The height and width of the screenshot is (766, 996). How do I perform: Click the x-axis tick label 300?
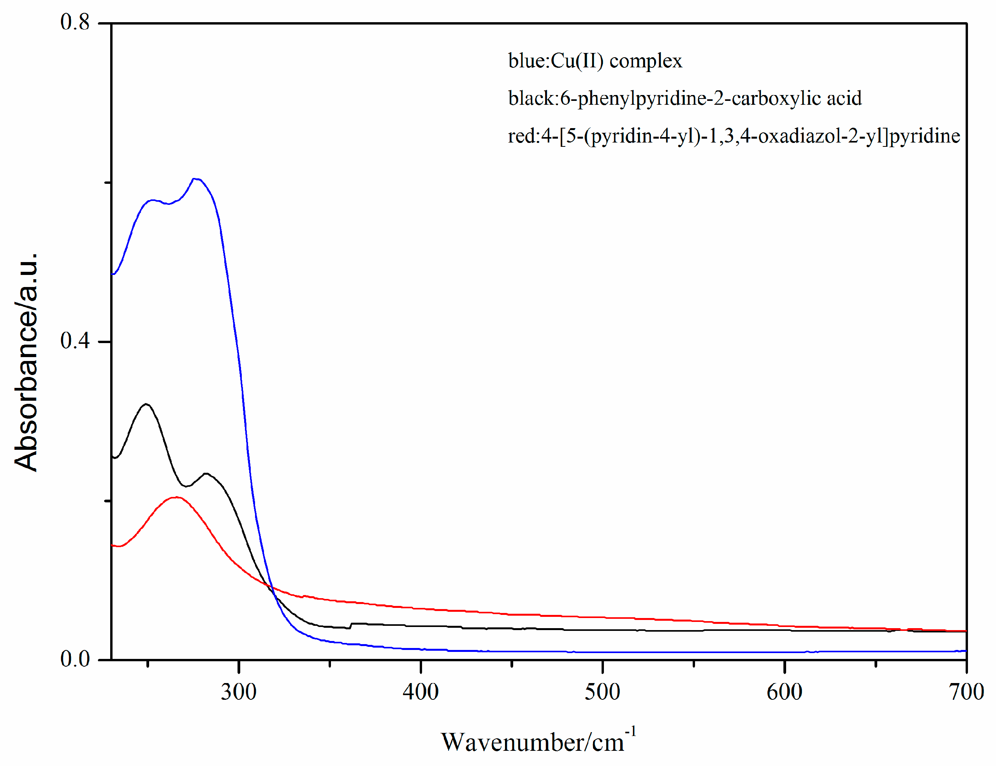pos(238,692)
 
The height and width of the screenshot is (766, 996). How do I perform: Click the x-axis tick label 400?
pos(420,692)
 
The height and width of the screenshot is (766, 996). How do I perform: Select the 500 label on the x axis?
pos(602,692)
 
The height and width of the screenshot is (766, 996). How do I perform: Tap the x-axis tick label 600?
pos(784,692)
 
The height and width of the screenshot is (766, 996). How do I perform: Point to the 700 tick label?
pos(966,692)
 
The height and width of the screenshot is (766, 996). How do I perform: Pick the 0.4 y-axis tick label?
pos(75,341)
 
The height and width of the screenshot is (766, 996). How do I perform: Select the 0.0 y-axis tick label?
pos(75,659)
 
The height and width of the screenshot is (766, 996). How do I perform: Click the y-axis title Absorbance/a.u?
pos(26,363)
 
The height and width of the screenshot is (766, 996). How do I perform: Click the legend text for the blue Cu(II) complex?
pos(595,61)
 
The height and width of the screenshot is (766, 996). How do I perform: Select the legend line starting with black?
pos(685,98)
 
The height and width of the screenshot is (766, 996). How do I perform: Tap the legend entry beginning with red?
pos(734,136)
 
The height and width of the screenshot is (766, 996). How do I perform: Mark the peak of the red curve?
pos(176,497)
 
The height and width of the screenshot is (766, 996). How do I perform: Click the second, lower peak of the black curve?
pos(206,473)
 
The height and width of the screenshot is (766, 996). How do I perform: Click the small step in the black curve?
pos(350,625)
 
